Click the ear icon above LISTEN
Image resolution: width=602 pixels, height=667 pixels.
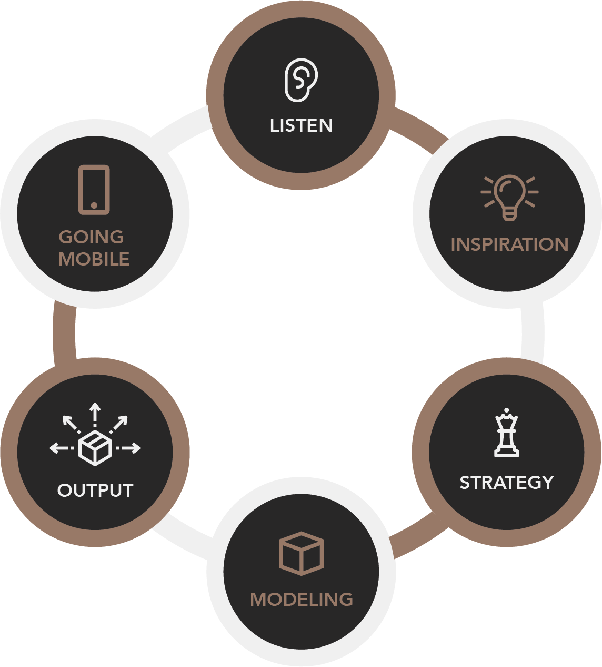coord(301,80)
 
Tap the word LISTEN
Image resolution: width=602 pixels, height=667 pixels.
coord(302,125)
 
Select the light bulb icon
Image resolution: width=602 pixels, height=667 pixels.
coord(509,197)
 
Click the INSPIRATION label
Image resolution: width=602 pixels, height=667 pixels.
coord(509,244)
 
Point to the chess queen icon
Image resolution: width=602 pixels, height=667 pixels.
coord(506,433)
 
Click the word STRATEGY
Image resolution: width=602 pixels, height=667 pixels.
coord(506,482)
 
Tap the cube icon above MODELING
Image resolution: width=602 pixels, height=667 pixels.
coord(301,554)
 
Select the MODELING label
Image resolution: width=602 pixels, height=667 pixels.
coord(302,600)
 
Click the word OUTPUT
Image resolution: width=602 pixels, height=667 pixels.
coord(95,490)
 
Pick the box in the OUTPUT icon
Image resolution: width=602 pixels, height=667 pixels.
coord(95,448)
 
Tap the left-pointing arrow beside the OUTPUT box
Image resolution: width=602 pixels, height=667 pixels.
coord(62,448)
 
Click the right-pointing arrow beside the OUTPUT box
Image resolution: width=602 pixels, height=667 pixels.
coord(128,448)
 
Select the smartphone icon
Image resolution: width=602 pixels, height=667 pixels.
coord(94,190)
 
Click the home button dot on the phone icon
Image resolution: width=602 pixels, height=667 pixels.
coord(94,205)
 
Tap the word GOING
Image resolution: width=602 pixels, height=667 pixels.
coord(91,237)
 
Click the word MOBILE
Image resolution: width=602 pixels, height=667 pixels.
coord(94,259)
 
